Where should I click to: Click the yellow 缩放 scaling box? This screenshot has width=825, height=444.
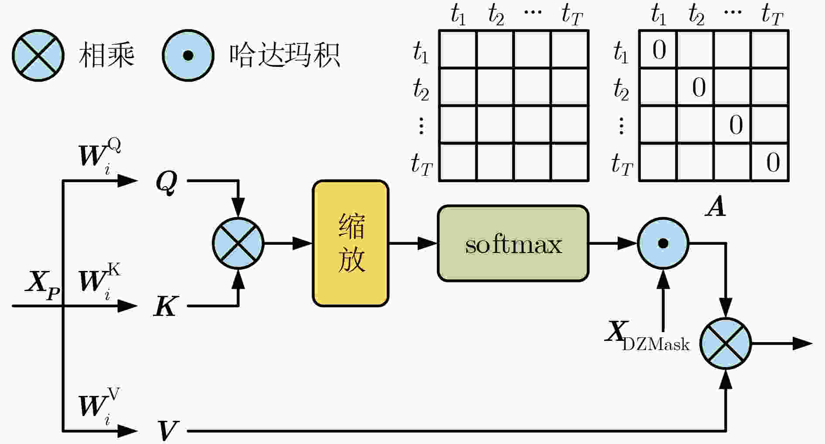351,243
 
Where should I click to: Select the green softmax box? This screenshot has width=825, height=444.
513,243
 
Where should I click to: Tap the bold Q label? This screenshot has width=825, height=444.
167,182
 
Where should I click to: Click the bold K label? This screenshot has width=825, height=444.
166,306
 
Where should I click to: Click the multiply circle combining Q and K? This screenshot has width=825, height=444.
238,243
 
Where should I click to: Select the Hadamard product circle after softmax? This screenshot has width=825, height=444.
663,243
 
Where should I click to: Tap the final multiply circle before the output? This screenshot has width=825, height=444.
725,343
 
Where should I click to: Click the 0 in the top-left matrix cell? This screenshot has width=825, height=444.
659,50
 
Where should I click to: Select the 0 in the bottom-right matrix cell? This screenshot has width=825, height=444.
773,163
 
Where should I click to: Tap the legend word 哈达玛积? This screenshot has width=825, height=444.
285,55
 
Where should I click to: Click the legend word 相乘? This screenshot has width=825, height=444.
107,55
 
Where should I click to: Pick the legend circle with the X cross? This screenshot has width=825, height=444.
38,55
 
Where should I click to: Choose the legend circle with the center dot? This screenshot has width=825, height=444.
188,55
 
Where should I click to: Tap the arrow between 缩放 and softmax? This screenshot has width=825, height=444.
412,243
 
